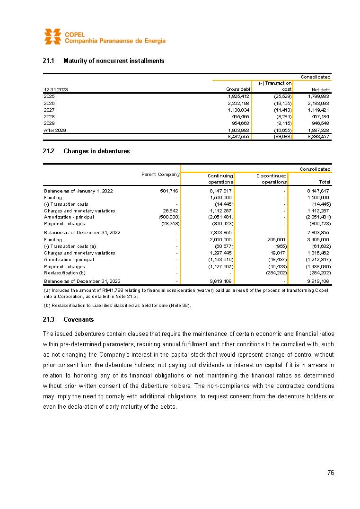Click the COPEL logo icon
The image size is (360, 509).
53,36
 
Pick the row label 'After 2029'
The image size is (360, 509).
55,129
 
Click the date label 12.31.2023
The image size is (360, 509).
55,89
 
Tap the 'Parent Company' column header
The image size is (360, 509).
160,175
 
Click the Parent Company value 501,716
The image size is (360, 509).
169,191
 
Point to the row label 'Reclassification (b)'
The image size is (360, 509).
65,272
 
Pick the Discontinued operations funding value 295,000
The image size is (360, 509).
277,240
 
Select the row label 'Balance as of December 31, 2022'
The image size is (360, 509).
82,233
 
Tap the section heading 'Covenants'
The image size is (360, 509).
79,319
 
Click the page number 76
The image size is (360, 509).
331,473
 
